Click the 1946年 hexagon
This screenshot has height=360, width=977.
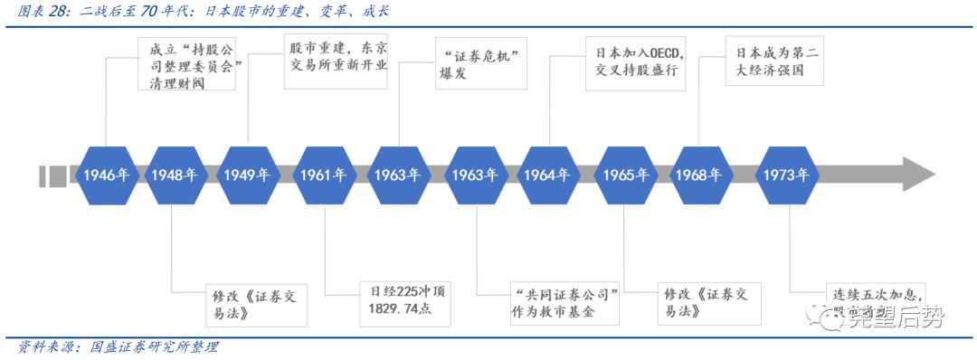tap(106, 175)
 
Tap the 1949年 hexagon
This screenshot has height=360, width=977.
tap(248, 175)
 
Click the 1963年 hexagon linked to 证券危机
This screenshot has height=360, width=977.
tap(399, 175)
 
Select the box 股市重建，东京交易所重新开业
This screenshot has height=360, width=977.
tap(336, 62)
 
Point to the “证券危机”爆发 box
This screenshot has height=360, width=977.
tap(480, 63)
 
